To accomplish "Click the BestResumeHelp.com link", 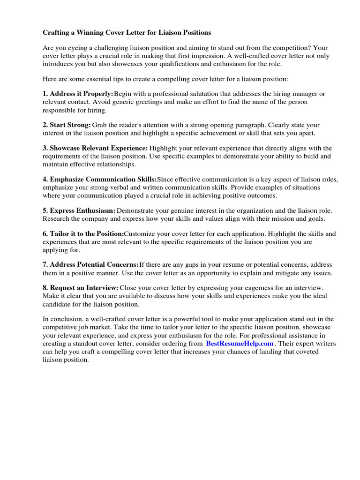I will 240,343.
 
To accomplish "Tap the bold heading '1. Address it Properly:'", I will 78,94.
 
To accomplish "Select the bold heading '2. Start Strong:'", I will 67,125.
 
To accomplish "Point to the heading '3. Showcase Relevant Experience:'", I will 95,148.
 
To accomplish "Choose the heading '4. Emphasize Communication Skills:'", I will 100,179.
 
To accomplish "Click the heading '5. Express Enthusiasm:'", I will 79,210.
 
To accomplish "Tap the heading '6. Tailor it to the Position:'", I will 83,233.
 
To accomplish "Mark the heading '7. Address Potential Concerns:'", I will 90,265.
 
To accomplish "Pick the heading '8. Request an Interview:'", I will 80,287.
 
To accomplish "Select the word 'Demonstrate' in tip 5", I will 136,210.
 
